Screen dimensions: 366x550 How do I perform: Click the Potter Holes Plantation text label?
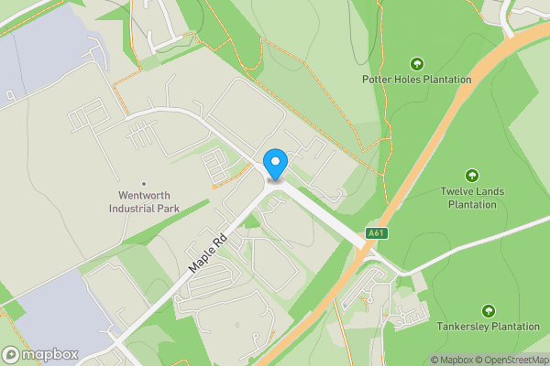[416, 80]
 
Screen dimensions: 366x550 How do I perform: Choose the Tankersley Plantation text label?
[488, 327]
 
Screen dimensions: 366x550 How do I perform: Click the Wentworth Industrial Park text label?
[143, 201]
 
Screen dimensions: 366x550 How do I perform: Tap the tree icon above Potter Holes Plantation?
[417, 63]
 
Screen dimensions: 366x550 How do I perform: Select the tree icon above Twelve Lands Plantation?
[472, 175]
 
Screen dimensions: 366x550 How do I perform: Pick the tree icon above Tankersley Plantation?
[488, 311]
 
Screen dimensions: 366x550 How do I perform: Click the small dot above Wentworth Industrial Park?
[143, 181]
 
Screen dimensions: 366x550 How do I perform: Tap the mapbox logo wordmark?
[50, 354]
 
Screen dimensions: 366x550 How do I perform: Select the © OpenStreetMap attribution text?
[511, 360]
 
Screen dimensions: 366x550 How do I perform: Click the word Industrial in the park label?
[134, 208]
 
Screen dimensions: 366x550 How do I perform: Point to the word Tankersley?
[459, 327]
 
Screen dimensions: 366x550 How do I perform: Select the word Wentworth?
[143, 195]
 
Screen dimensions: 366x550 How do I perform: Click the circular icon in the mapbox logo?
[12, 354]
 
